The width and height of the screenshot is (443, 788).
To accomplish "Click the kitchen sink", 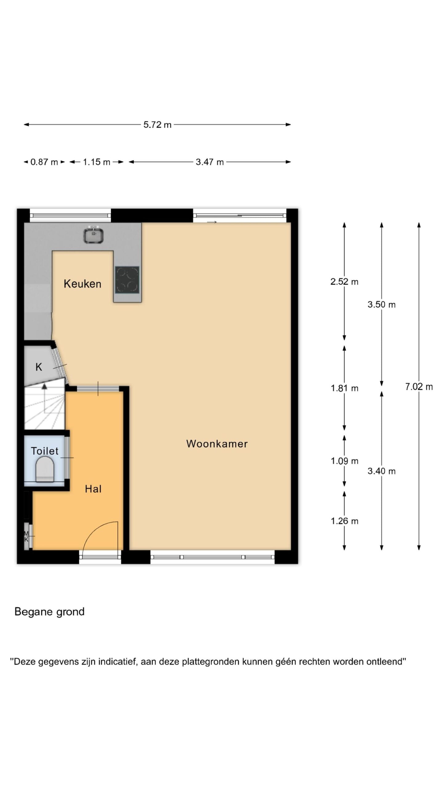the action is click(x=94, y=234).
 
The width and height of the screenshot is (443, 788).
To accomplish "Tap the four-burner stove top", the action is click(x=127, y=280).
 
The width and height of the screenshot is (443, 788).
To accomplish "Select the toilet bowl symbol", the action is click(x=45, y=469).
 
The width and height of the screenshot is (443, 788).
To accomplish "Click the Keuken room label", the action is click(x=82, y=284).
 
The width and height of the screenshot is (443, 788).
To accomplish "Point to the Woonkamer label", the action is click(x=217, y=444).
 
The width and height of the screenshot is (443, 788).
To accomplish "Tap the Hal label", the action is click(x=93, y=489).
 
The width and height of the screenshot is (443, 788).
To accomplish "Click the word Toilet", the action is click(x=45, y=451).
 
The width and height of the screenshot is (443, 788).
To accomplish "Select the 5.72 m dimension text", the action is click(x=157, y=125).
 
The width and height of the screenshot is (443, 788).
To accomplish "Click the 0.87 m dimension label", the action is click(x=44, y=162).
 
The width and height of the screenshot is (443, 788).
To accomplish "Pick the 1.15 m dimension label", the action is click(x=96, y=162).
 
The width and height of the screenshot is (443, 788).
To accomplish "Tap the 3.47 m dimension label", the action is click(x=210, y=162).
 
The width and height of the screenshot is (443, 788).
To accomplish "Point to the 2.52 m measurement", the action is click(x=344, y=282).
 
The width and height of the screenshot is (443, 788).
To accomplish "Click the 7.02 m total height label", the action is click(x=419, y=387).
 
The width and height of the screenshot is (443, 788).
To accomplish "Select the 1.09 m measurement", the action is click(x=345, y=461).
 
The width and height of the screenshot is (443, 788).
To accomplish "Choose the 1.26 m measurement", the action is click(x=345, y=521).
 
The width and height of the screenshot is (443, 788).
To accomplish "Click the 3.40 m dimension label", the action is click(x=381, y=471).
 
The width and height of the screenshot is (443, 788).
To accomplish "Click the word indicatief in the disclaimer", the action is click(x=118, y=661).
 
